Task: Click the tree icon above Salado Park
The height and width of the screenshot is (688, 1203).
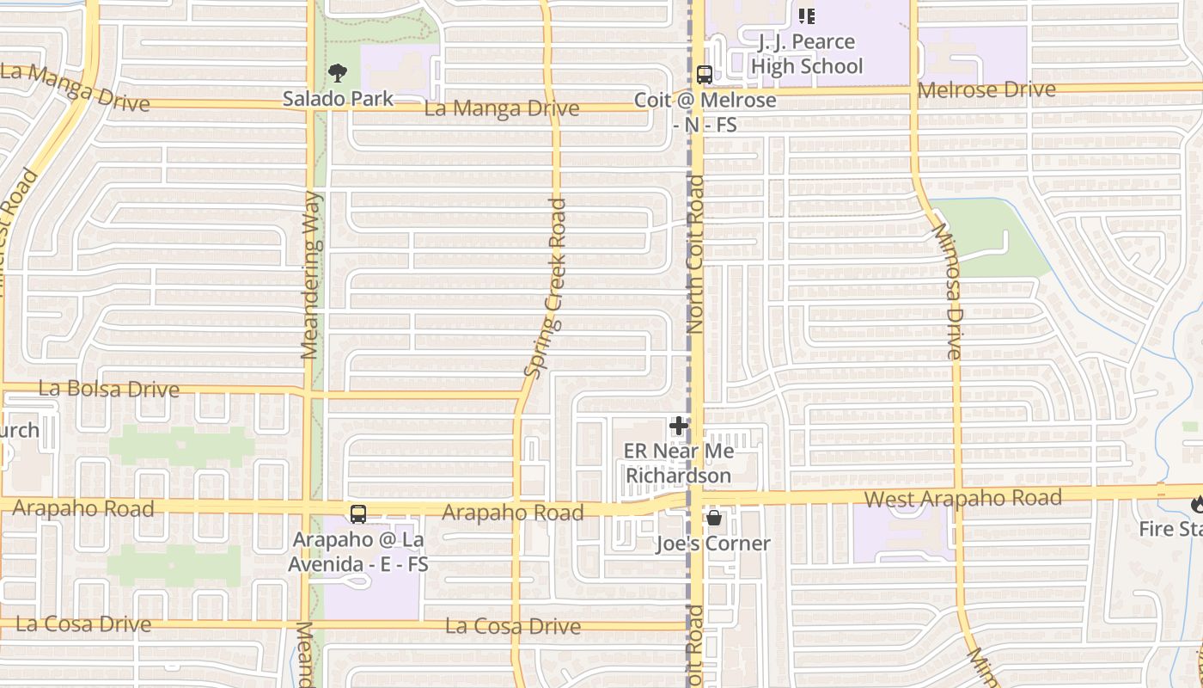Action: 339,73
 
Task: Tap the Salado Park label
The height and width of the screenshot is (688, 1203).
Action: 339,99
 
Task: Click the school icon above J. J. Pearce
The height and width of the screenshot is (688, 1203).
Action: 806,15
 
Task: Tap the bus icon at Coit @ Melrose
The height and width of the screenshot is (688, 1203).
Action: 705,75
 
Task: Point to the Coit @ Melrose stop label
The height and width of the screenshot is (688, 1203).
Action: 705,113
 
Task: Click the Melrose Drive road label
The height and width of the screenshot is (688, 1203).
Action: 986,89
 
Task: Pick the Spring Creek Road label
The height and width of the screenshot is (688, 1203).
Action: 547,288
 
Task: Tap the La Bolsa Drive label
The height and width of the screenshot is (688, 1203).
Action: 109,389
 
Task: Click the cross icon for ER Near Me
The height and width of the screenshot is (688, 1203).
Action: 679,426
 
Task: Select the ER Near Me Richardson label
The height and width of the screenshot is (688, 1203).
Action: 679,464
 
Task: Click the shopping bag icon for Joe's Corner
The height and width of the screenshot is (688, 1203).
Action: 713,518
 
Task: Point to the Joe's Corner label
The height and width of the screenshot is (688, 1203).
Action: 713,544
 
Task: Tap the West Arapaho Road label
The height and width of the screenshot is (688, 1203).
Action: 962,499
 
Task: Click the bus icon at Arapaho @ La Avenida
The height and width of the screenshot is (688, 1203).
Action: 358,514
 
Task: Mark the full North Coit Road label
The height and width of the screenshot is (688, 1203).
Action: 695,255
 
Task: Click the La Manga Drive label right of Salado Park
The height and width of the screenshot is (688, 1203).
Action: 502,109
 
